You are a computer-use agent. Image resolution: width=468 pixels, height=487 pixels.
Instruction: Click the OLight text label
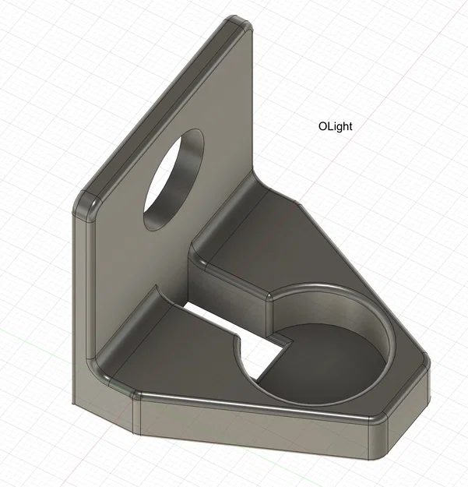(x=335, y=127)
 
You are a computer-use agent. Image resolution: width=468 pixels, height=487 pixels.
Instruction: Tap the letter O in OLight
(x=322, y=126)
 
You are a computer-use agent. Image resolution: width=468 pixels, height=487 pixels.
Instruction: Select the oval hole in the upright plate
(x=174, y=180)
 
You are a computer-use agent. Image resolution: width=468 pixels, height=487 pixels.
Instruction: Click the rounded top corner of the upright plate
(x=238, y=23)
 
